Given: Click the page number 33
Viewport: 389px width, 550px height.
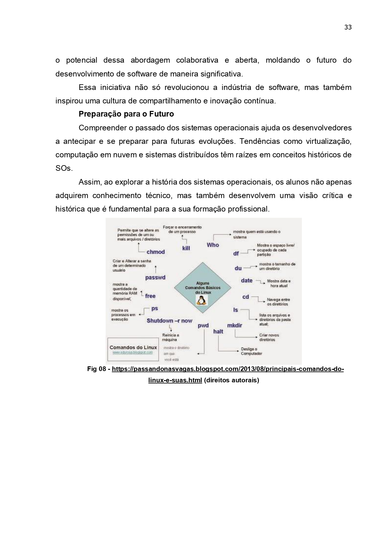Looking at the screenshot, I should point(348,27).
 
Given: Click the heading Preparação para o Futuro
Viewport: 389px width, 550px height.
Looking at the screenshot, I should point(126,114).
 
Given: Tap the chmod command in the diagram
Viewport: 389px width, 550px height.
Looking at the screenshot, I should point(155,252).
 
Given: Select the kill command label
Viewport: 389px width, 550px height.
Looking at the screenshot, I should point(186,248).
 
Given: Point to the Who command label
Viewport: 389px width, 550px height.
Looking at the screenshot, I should point(213,245).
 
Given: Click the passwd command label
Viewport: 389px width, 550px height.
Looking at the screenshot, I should point(155,278).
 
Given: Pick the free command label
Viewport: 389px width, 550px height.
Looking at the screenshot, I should point(150,296).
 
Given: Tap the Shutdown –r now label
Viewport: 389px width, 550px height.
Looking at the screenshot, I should point(169,321).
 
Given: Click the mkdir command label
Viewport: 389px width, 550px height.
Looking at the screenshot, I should point(234,325).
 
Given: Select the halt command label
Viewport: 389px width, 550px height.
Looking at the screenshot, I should point(218,331).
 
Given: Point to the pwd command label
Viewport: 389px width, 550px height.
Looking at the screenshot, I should point(203,326).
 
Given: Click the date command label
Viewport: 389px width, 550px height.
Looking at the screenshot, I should point(247,280).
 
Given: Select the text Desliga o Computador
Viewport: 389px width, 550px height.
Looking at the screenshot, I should point(251,351).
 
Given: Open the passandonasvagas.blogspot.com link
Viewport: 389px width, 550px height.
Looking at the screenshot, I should point(228,369).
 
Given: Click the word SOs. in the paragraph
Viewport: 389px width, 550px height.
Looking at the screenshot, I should point(64,168).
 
